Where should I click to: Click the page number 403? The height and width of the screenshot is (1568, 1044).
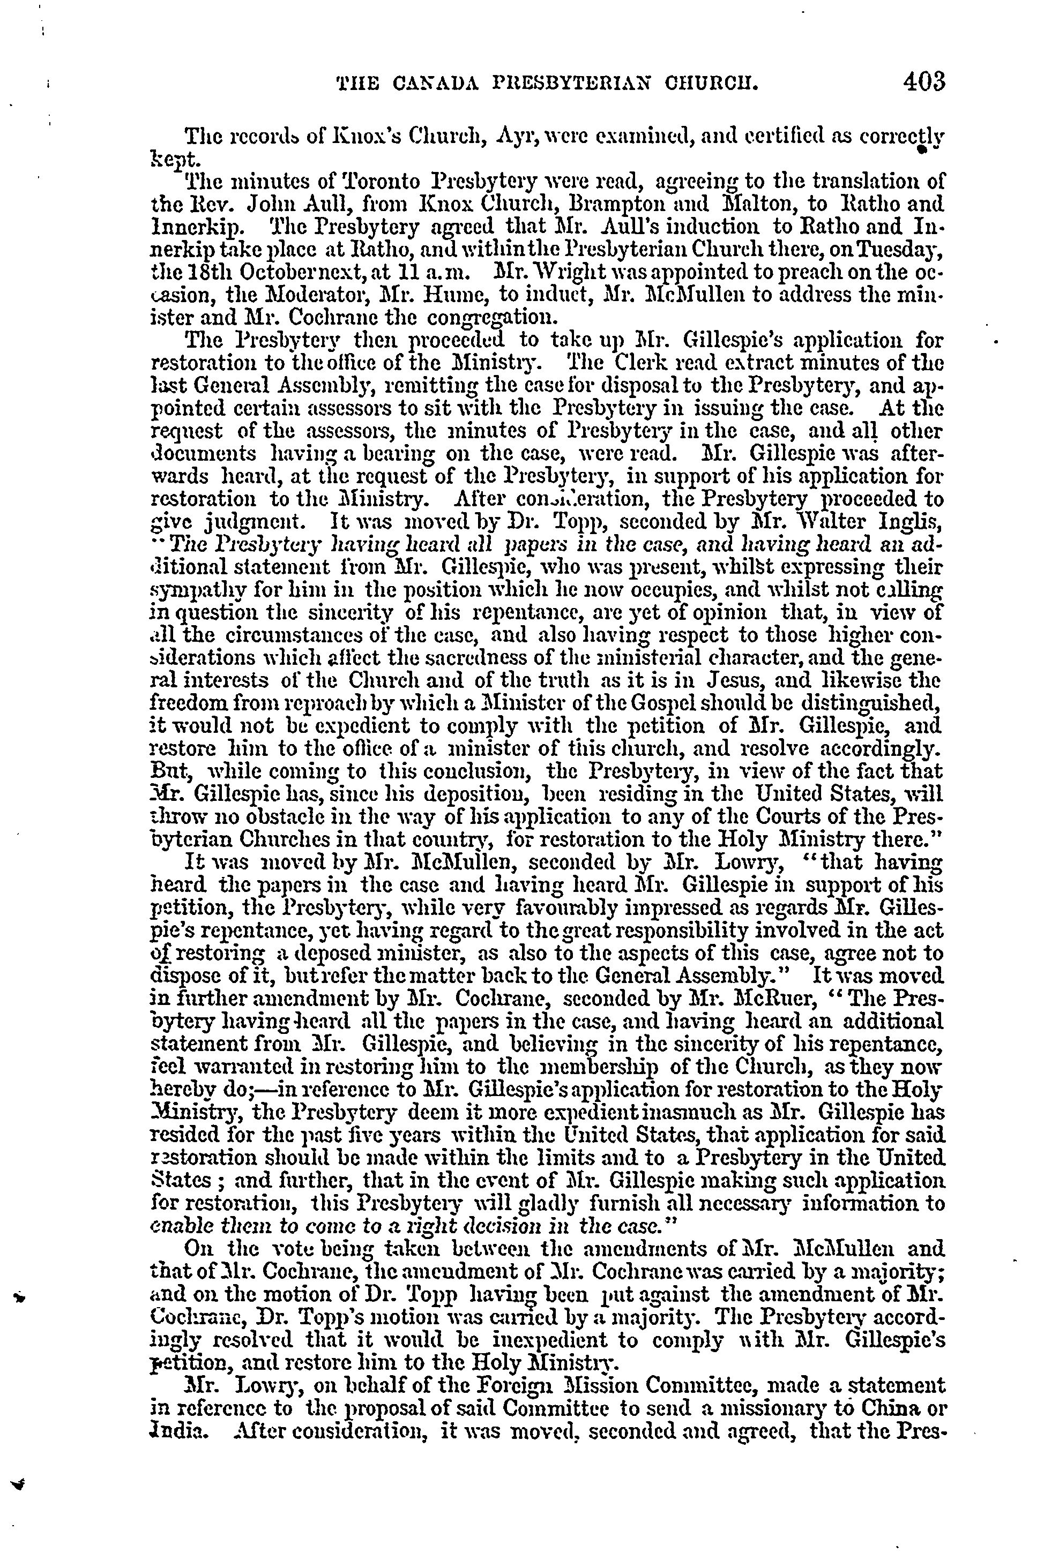[923, 82]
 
